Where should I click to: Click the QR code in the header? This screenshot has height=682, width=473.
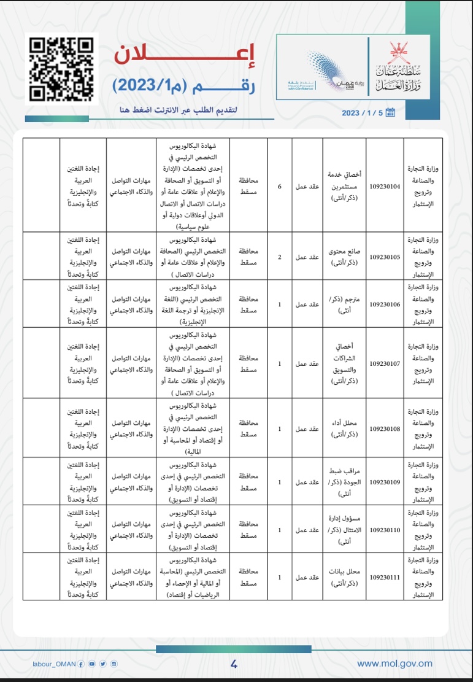coord(63,68)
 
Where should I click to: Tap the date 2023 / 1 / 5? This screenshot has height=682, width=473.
coord(362,112)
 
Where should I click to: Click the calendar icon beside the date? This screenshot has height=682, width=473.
coord(390,112)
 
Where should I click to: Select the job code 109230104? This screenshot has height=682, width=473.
coord(385,186)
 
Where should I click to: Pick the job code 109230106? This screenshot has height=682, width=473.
coord(385,304)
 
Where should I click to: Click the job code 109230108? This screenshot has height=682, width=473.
coord(385,428)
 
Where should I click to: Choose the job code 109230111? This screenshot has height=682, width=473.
coord(385,577)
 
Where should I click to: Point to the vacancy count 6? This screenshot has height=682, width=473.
coord(280,186)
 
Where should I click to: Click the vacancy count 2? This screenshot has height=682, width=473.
coord(280,257)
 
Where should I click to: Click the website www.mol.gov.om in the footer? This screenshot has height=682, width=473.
coord(394,663)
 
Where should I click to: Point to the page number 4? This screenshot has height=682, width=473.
coord(234,664)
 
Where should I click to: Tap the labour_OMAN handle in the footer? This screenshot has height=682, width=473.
coord(55,664)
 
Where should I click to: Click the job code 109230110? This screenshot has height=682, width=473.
coord(385,530)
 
